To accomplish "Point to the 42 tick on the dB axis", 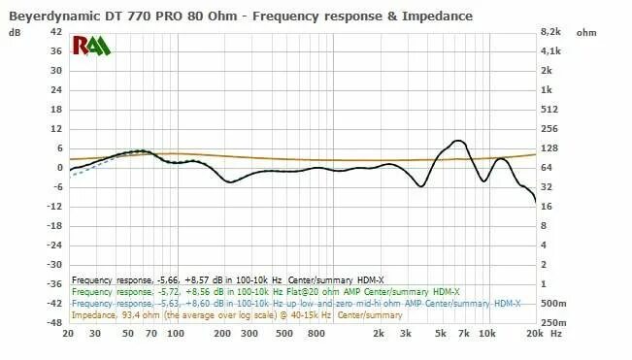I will pos(55,32).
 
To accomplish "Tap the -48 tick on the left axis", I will pos(53,322).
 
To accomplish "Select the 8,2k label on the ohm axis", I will pos(551,32).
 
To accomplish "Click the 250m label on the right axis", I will pos(552,322).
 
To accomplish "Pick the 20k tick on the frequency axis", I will pos(533,334).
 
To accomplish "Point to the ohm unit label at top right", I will pos(586,32).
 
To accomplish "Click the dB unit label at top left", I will pos(15,32).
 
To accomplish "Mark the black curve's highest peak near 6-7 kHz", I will pos(458,141).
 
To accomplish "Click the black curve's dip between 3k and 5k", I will pos(420,185).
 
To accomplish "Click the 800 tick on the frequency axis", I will pos(315,334).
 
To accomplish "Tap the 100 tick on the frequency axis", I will pos(175,334).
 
